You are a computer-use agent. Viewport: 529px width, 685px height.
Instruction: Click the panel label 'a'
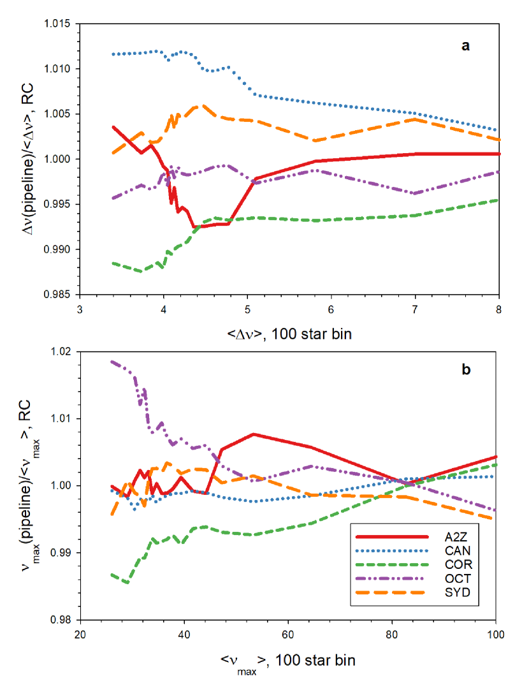pos(466,45)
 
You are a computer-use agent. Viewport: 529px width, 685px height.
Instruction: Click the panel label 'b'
pos(466,369)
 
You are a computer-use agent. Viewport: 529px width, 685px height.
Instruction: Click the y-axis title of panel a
pos(31,159)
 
